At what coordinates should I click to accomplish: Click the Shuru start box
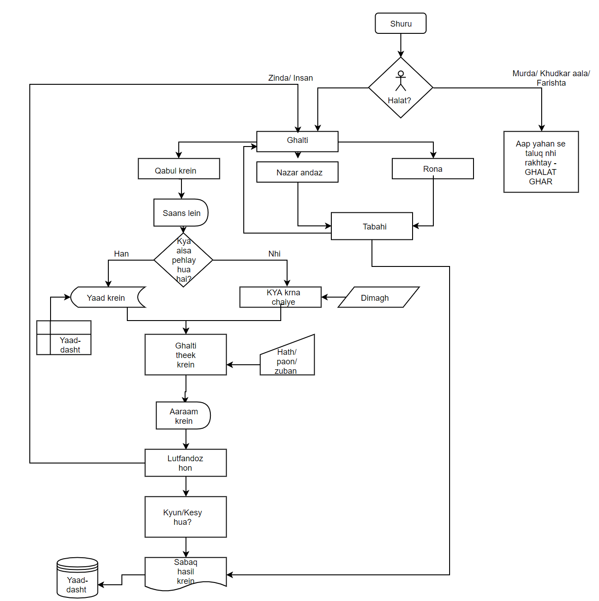pyautogui.click(x=400, y=23)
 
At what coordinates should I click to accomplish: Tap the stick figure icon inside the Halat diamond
pyautogui.click(x=401, y=81)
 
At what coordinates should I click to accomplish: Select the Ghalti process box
pyautogui.click(x=297, y=142)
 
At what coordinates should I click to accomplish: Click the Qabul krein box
pyautogui.click(x=179, y=169)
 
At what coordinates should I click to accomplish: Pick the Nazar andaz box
pyautogui.click(x=297, y=172)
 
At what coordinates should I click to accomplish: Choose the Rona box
pyautogui.click(x=433, y=169)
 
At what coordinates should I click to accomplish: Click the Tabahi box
pyautogui.click(x=372, y=226)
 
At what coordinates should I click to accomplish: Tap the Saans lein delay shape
pyautogui.click(x=181, y=212)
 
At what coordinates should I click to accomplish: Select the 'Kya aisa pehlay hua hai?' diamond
pyautogui.click(x=183, y=260)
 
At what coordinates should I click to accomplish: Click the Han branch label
pyautogui.click(x=121, y=253)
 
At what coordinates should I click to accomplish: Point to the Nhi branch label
pyautogui.click(x=274, y=253)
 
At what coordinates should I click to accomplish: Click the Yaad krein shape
pyautogui.click(x=108, y=297)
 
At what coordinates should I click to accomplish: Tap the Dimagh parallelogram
pyautogui.click(x=379, y=297)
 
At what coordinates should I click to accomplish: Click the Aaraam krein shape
pyautogui.click(x=183, y=415)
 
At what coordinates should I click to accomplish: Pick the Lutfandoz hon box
pyautogui.click(x=186, y=463)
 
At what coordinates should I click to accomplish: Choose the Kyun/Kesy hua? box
pyautogui.click(x=186, y=517)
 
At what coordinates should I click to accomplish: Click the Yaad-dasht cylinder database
pyautogui.click(x=78, y=578)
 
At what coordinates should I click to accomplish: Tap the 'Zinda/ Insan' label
pyautogui.click(x=290, y=78)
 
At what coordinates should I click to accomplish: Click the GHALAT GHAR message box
pyautogui.click(x=541, y=162)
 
